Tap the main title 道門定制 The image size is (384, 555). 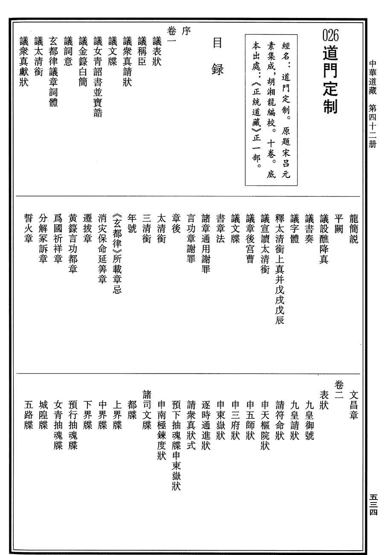[331, 81]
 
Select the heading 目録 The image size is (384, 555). [218, 56]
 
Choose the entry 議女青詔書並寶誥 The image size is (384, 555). [98, 77]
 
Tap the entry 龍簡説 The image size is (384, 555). [354, 228]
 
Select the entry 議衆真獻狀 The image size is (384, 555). [24, 62]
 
